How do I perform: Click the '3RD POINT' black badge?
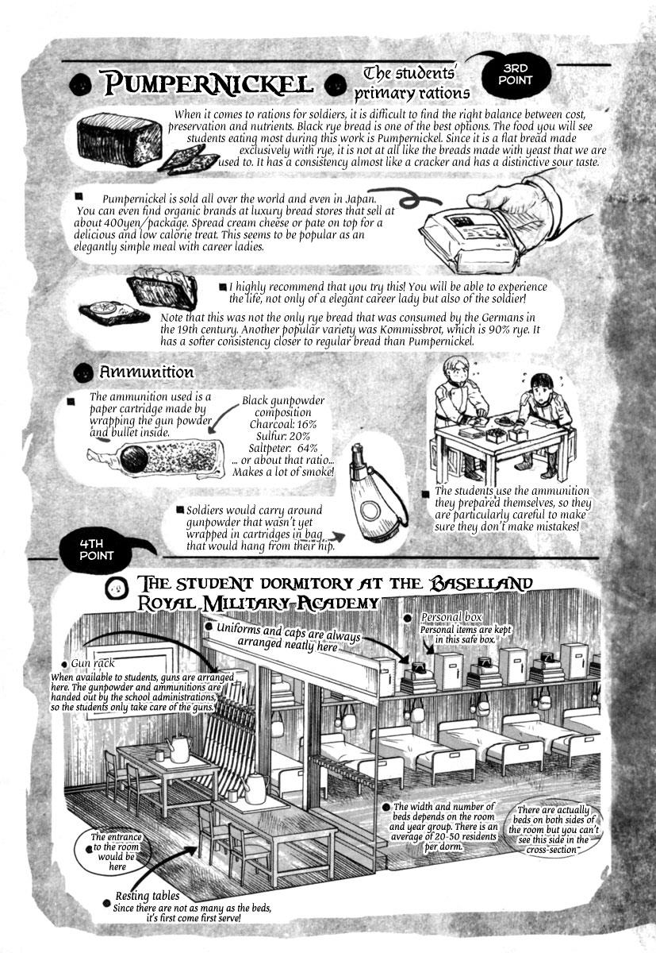pos(516,75)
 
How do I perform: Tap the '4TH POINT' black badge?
pos(97,550)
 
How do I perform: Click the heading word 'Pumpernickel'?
pos(208,84)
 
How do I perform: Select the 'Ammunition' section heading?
pos(147,372)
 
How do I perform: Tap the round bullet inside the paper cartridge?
pos(134,457)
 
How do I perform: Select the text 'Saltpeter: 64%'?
pos(283,448)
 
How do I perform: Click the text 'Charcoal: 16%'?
pos(283,424)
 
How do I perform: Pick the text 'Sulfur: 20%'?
pos(283,436)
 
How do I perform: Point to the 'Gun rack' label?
pos(93,664)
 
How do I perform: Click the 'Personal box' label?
pos(451,617)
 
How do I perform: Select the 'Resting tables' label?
pos(148,896)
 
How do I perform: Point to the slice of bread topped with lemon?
pos(115,312)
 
